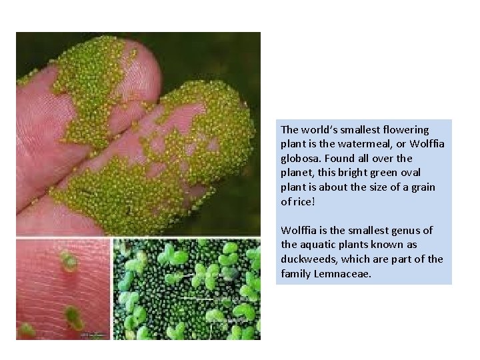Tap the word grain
click(x=422, y=187)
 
